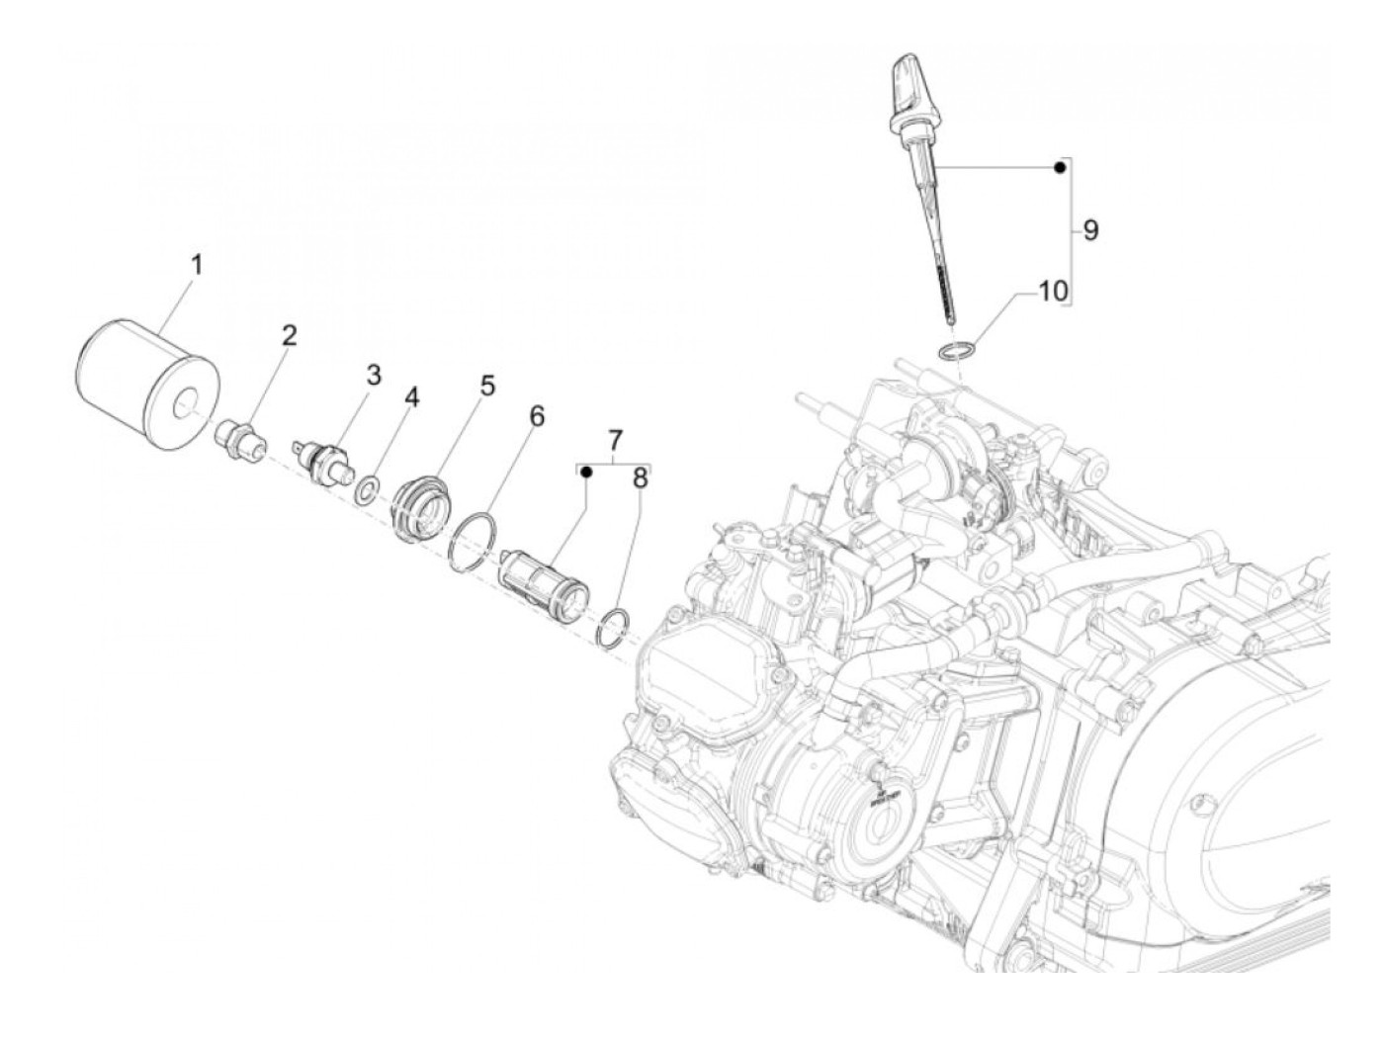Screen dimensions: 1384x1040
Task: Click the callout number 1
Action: [x=197, y=265]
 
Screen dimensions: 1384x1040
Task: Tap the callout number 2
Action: [x=289, y=336]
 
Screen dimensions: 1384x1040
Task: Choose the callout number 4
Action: [x=411, y=397]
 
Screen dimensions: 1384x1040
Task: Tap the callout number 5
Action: [x=487, y=386]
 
